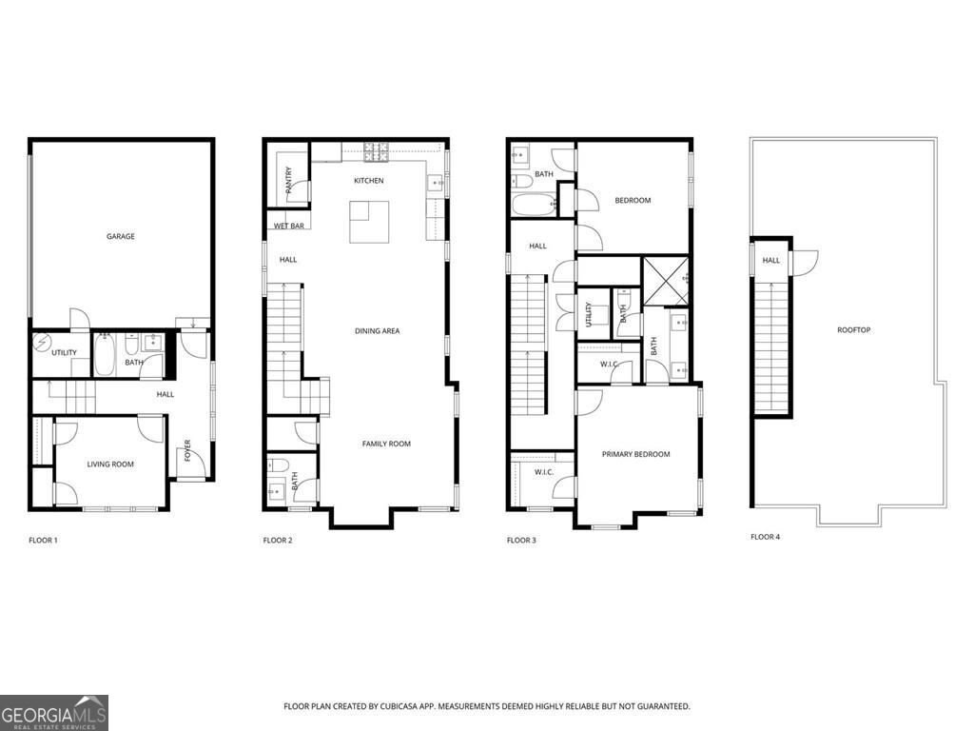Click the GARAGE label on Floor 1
[x=120, y=236]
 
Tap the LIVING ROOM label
[x=110, y=464]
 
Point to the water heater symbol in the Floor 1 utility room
[x=41, y=341]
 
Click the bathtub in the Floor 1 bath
[x=105, y=355]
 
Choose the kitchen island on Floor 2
[x=370, y=222]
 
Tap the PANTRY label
[x=288, y=178]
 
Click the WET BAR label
[x=288, y=227]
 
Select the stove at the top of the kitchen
[x=372, y=148]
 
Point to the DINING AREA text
[x=377, y=331]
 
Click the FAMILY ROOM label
[x=385, y=444]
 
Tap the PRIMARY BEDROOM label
[x=635, y=454]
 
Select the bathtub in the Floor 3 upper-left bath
[x=534, y=205]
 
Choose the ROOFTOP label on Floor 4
[x=853, y=330]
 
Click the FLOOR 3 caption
[x=521, y=541]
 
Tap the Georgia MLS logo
[x=54, y=712]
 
